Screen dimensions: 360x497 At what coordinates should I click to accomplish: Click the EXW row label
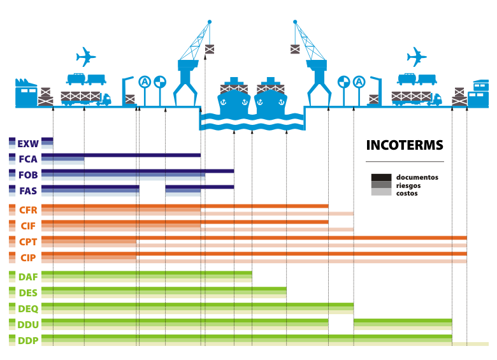[x=28, y=143]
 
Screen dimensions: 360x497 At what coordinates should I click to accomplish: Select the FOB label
[x=28, y=175]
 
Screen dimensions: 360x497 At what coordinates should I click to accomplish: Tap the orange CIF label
[x=28, y=225]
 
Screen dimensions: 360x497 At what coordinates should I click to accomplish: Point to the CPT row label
[x=28, y=242]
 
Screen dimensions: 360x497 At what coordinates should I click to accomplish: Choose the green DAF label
[x=28, y=277]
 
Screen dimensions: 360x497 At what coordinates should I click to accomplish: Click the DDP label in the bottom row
[x=28, y=340]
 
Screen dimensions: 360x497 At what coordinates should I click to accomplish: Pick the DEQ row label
[x=28, y=308]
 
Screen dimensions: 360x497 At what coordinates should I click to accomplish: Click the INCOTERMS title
[x=404, y=145]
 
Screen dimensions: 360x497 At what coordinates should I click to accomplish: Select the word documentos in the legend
[x=417, y=177]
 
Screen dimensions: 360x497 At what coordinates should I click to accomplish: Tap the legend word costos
[x=407, y=193]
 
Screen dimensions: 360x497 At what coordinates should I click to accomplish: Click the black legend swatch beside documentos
[x=381, y=177]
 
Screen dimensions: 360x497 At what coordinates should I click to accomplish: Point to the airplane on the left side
[x=85, y=57]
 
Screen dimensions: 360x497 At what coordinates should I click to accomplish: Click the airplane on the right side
[x=416, y=57]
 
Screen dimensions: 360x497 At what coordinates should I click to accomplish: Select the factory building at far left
[x=26, y=94]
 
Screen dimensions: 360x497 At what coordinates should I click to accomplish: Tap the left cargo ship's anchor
[x=223, y=101]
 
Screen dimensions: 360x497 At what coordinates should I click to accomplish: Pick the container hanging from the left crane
[x=210, y=48]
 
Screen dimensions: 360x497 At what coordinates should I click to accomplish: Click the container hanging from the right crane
[x=295, y=48]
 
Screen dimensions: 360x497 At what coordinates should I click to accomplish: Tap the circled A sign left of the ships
[x=145, y=82]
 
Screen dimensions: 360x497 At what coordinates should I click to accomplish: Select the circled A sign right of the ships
[x=359, y=82]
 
